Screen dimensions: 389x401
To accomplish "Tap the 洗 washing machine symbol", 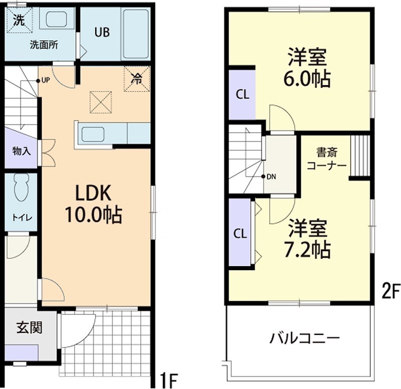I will point(19,21).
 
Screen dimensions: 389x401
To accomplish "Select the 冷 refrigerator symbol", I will point(136,78).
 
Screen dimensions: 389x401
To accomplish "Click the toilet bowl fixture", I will point(21,188).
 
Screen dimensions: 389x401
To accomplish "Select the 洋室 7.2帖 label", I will point(308,238).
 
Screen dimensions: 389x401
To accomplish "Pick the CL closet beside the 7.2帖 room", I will point(240,234).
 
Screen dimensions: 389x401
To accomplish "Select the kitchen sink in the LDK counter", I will point(93,134).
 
